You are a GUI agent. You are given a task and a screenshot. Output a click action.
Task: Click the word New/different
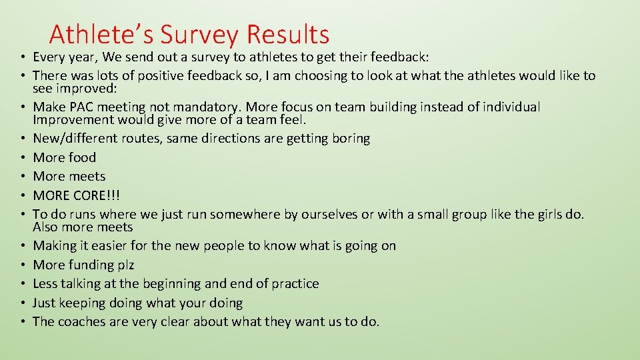(74, 139)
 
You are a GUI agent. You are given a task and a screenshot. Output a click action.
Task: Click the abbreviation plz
(126, 265)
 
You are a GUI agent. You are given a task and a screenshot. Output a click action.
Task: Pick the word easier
(109, 245)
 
